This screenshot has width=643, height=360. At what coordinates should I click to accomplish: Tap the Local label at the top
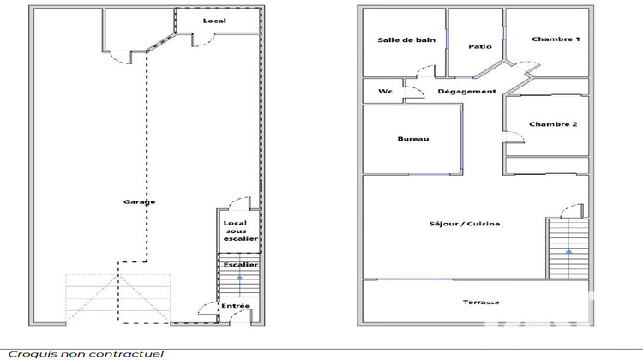(x=213, y=20)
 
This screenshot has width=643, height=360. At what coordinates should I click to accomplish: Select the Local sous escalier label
(x=235, y=231)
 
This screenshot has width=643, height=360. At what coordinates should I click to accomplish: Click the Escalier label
(x=240, y=264)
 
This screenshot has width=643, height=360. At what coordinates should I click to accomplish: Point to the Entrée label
(x=236, y=306)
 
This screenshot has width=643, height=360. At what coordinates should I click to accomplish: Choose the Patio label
(x=479, y=47)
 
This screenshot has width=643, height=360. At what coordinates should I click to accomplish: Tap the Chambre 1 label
(x=556, y=39)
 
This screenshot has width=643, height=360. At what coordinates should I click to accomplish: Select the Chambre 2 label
(x=553, y=124)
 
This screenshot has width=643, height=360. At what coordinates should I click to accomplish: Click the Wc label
(x=384, y=91)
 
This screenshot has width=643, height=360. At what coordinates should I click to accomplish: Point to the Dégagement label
(x=466, y=91)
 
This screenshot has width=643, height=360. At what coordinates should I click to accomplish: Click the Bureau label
(x=412, y=140)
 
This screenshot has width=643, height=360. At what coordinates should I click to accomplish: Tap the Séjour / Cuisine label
(x=465, y=224)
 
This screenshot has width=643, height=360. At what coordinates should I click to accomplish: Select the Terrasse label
(x=481, y=302)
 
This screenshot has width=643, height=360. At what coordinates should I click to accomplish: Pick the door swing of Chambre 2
(x=512, y=130)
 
